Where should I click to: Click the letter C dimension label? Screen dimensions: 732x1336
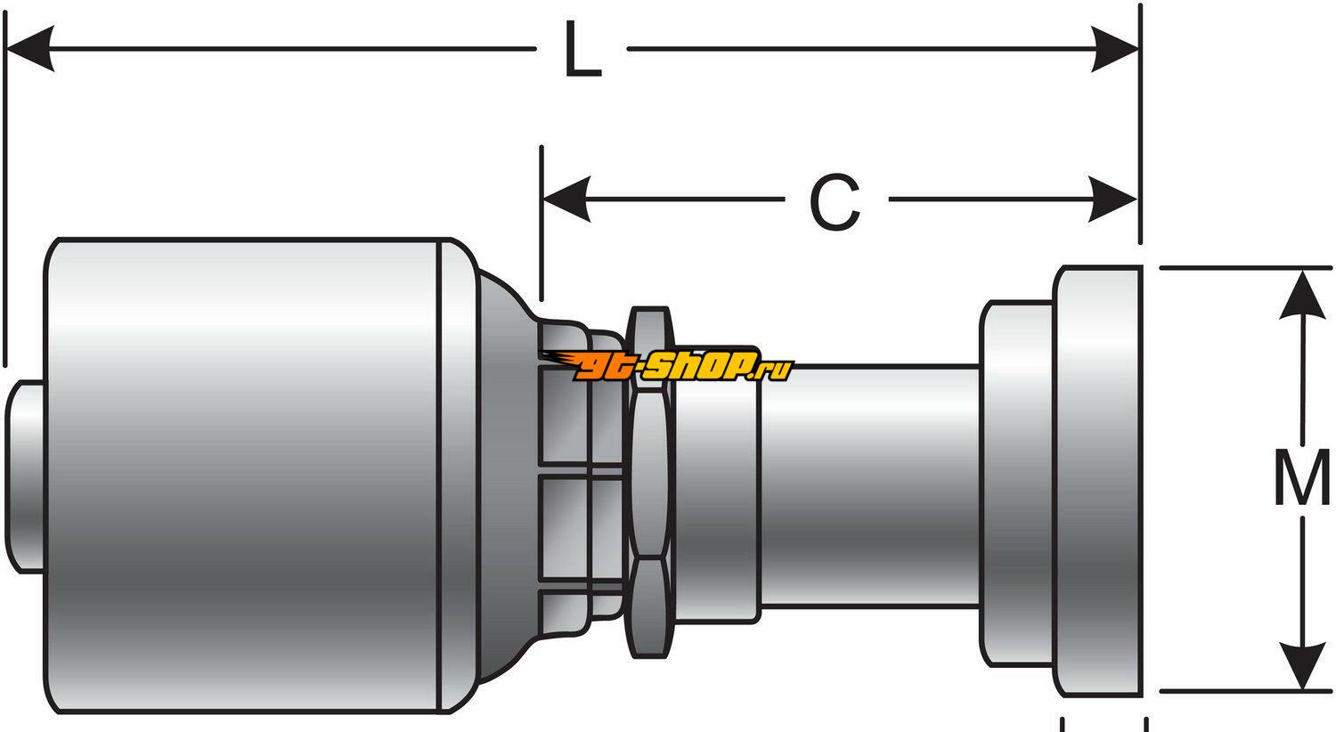pyautogui.click(x=835, y=202)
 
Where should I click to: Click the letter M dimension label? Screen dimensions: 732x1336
pyautogui.click(x=1301, y=478)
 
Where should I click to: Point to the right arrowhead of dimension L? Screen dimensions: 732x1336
pyautogui.click(x=1115, y=49)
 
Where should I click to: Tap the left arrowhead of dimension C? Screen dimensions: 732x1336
pyautogui.click(x=566, y=199)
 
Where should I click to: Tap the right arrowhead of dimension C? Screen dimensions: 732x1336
pyautogui.click(x=1113, y=199)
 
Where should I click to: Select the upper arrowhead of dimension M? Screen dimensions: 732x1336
pyautogui.click(x=1302, y=294)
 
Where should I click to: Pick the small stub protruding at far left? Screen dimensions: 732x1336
pyautogui.click(x=25, y=476)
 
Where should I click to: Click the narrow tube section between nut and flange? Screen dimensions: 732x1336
pyautogui.click(x=868, y=485)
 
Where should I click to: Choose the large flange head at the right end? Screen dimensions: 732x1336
pyautogui.click(x=1098, y=481)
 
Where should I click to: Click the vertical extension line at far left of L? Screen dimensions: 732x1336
pyautogui.click(x=5, y=196)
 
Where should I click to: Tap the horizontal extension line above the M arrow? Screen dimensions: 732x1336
pyautogui.click(x=1247, y=267)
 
